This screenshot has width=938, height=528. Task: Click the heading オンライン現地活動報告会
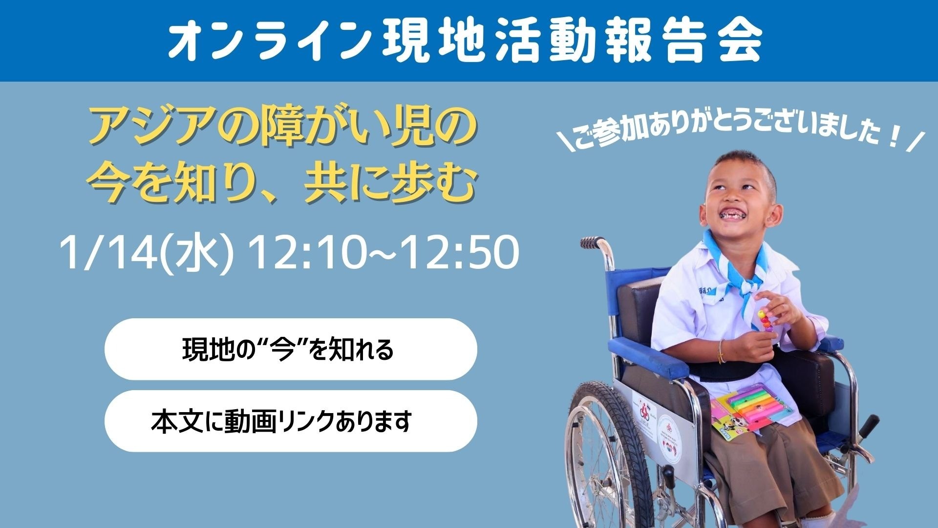(464, 41)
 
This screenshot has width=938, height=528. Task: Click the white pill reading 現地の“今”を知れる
(290, 349)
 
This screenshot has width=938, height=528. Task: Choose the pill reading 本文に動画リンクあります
(290, 421)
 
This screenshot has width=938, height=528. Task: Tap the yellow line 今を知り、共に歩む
(282, 185)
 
